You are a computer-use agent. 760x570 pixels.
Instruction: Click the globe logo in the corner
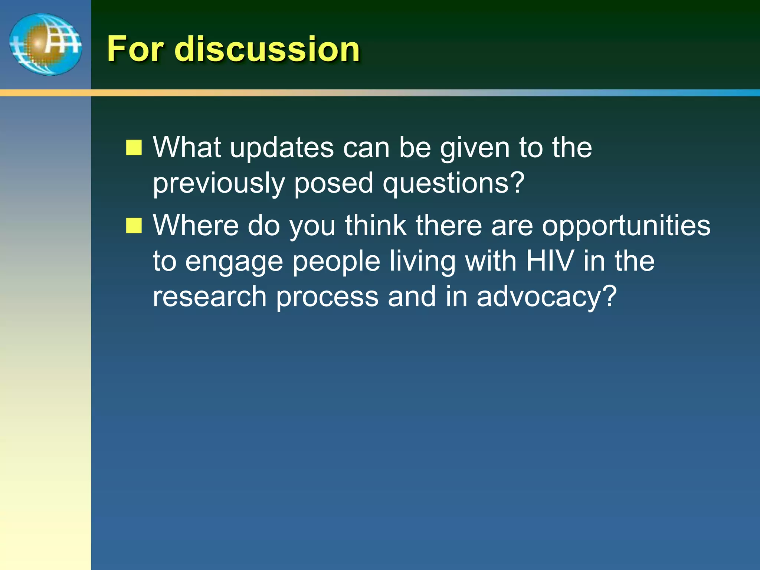click(46, 44)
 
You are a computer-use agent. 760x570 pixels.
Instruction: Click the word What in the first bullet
click(187, 147)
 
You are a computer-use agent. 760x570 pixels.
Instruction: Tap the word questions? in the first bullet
click(453, 184)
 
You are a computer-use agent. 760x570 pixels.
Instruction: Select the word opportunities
click(626, 226)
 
